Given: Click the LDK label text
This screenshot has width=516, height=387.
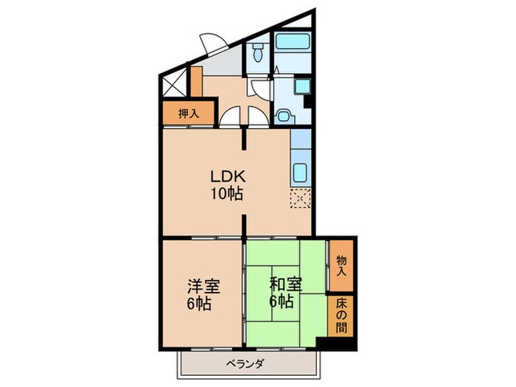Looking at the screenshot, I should pos(226,178).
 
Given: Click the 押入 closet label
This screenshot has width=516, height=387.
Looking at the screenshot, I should pos(189,114).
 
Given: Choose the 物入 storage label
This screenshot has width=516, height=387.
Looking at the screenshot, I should pos(341,267).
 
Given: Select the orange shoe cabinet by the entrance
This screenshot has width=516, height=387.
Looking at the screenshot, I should pos(196,81).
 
